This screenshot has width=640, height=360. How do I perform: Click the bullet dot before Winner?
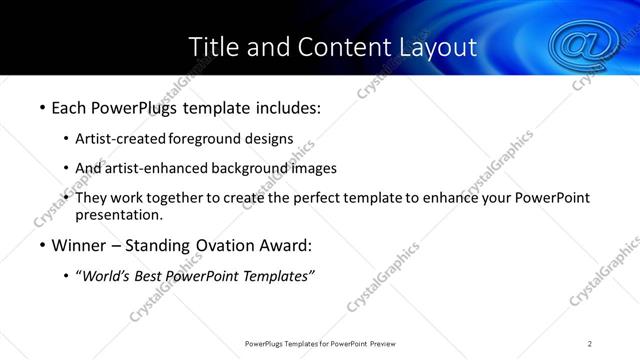click(x=42, y=246)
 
